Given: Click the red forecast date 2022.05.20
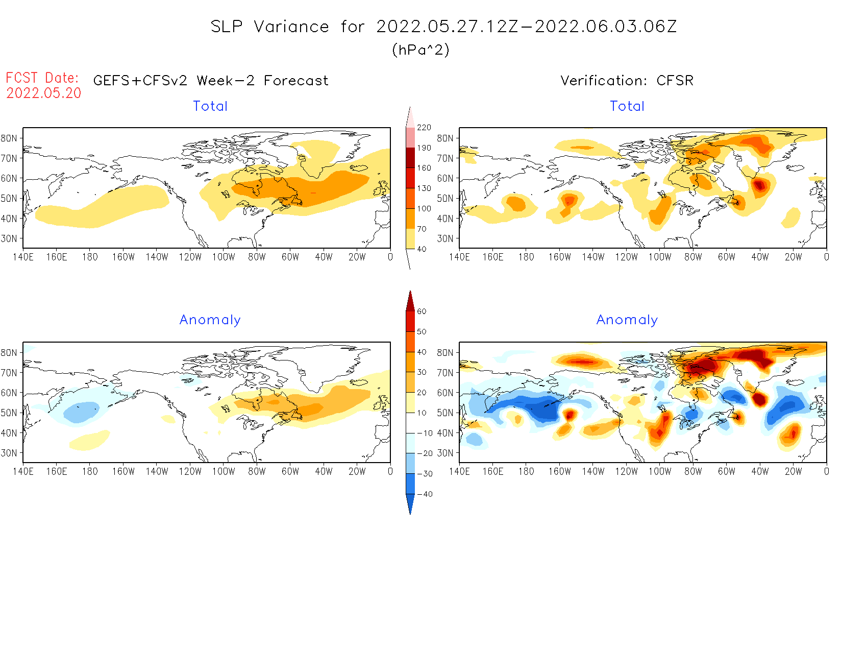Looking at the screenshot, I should (x=44, y=93).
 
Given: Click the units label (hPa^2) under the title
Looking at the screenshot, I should (x=420, y=50).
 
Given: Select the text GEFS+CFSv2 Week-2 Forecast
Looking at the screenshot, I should (x=211, y=81).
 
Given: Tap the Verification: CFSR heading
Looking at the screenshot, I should (x=627, y=81).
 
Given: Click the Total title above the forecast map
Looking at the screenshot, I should (x=210, y=106).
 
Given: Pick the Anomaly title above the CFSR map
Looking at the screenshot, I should (x=627, y=320).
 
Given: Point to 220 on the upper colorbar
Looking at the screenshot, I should (x=424, y=128).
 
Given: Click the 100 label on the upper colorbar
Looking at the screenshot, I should (x=424, y=209).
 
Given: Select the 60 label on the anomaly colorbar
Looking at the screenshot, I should (x=422, y=311).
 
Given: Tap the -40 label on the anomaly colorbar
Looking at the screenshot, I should (x=425, y=494).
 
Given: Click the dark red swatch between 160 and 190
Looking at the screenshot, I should (x=411, y=158).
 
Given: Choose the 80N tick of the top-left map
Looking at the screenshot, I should (x=9, y=138).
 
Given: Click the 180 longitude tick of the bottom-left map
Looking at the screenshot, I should (x=90, y=472).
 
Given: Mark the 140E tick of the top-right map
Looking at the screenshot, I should (x=459, y=257).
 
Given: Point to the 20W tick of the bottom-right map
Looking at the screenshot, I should (x=793, y=472).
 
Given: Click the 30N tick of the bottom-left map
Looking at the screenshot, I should (x=9, y=453).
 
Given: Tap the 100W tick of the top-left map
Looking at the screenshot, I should (x=224, y=257).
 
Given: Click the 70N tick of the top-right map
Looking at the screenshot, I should (x=445, y=158).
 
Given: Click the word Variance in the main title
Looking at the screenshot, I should (x=291, y=27).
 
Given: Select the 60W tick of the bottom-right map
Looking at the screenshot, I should (x=726, y=472).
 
